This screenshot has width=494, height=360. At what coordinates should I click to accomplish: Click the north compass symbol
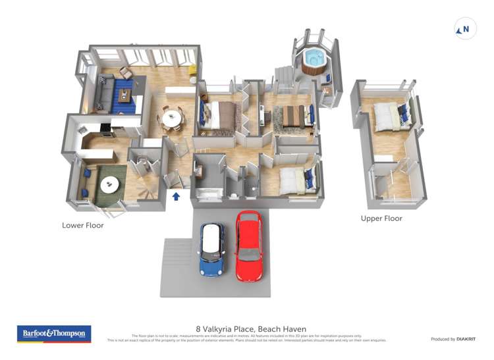[x=466, y=29]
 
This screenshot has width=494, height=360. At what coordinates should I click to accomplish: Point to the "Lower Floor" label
[x=83, y=225]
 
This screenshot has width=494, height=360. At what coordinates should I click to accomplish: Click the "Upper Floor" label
[x=381, y=219]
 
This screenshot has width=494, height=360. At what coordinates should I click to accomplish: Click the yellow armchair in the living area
[x=192, y=69]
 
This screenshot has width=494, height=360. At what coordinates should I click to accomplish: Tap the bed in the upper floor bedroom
[x=387, y=116]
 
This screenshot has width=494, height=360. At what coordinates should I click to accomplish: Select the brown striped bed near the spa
[x=290, y=115]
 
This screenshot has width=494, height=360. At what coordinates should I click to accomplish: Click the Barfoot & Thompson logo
[x=54, y=333]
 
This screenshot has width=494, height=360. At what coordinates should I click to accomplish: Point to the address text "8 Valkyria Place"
[x=225, y=329]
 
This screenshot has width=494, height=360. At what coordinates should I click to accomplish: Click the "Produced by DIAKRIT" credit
[x=454, y=339]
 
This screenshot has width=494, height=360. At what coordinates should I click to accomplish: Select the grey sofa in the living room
[x=105, y=92]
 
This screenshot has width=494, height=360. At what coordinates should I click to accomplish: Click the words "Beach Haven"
[x=283, y=329]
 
